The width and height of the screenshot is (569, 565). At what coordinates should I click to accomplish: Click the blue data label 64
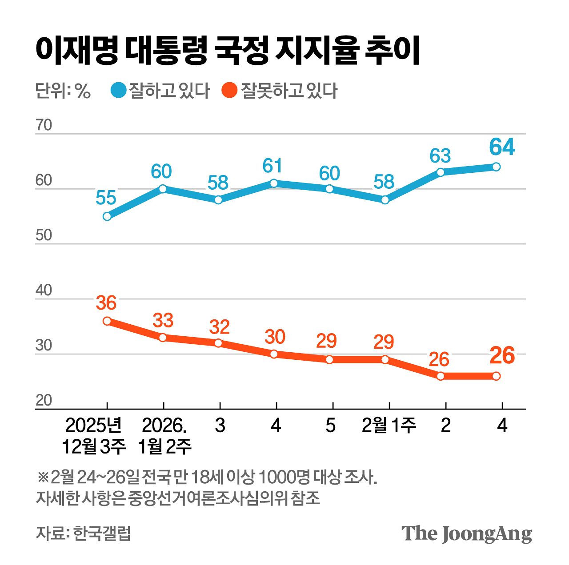[x=502, y=147]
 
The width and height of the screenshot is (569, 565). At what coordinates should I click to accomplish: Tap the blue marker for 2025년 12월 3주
[x=107, y=216]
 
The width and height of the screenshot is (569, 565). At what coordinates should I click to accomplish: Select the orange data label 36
[x=106, y=303]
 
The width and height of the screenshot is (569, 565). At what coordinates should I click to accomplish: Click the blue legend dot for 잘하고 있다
[x=119, y=91]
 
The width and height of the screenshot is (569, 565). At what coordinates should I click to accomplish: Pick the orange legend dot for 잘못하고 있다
[x=229, y=91]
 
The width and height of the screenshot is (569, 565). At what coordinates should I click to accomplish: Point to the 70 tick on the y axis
[x=44, y=125]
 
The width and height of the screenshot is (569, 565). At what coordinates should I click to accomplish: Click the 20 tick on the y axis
[x=44, y=400]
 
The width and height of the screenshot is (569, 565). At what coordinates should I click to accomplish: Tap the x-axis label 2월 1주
[x=389, y=426]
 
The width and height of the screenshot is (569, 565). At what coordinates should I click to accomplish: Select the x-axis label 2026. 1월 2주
[x=164, y=436]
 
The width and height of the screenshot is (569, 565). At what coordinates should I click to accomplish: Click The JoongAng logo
[x=466, y=533]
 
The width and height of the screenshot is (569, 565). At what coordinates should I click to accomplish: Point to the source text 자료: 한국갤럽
[x=83, y=533]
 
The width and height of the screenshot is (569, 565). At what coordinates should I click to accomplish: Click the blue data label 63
[x=440, y=156]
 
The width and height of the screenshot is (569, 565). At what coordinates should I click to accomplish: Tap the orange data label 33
[x=163, y=320]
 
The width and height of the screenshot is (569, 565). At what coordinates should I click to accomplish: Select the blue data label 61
[x=272, y=166]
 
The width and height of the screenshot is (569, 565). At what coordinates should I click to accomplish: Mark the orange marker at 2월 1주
[x=385, y=359]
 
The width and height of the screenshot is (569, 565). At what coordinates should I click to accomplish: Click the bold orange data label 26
[x=502, y=356]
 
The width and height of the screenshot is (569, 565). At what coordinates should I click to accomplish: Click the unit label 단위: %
[x=63, y=91]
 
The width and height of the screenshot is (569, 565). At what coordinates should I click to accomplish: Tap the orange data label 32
[x=219, y=327]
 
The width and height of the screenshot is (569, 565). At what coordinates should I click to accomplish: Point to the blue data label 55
[x=106, y=198]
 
